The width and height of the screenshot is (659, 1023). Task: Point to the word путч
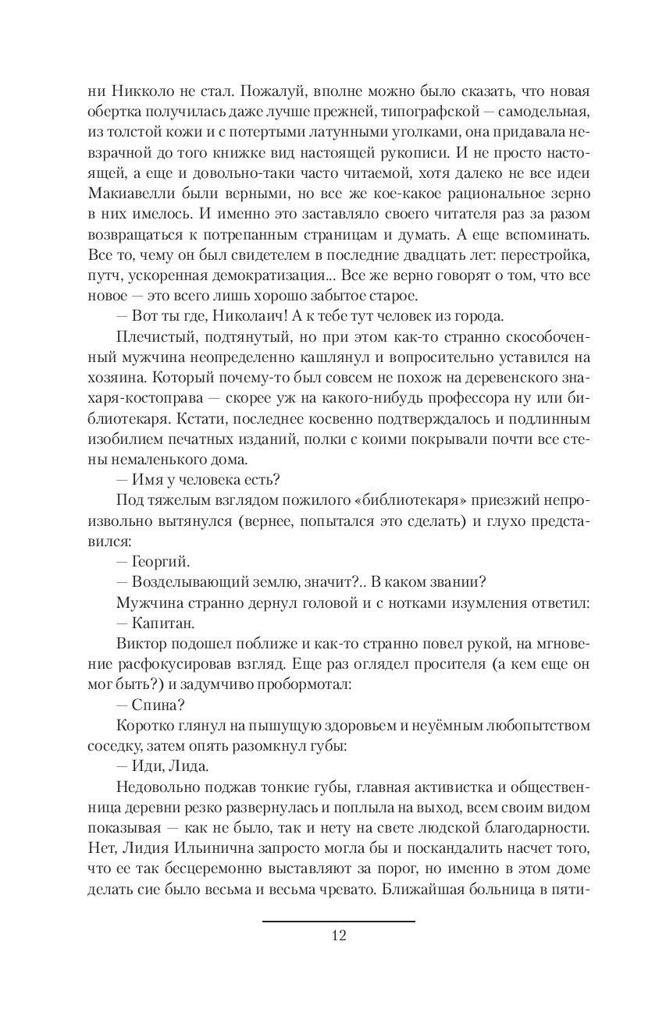point(102,275)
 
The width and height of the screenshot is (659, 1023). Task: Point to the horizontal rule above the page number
point(339,922)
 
